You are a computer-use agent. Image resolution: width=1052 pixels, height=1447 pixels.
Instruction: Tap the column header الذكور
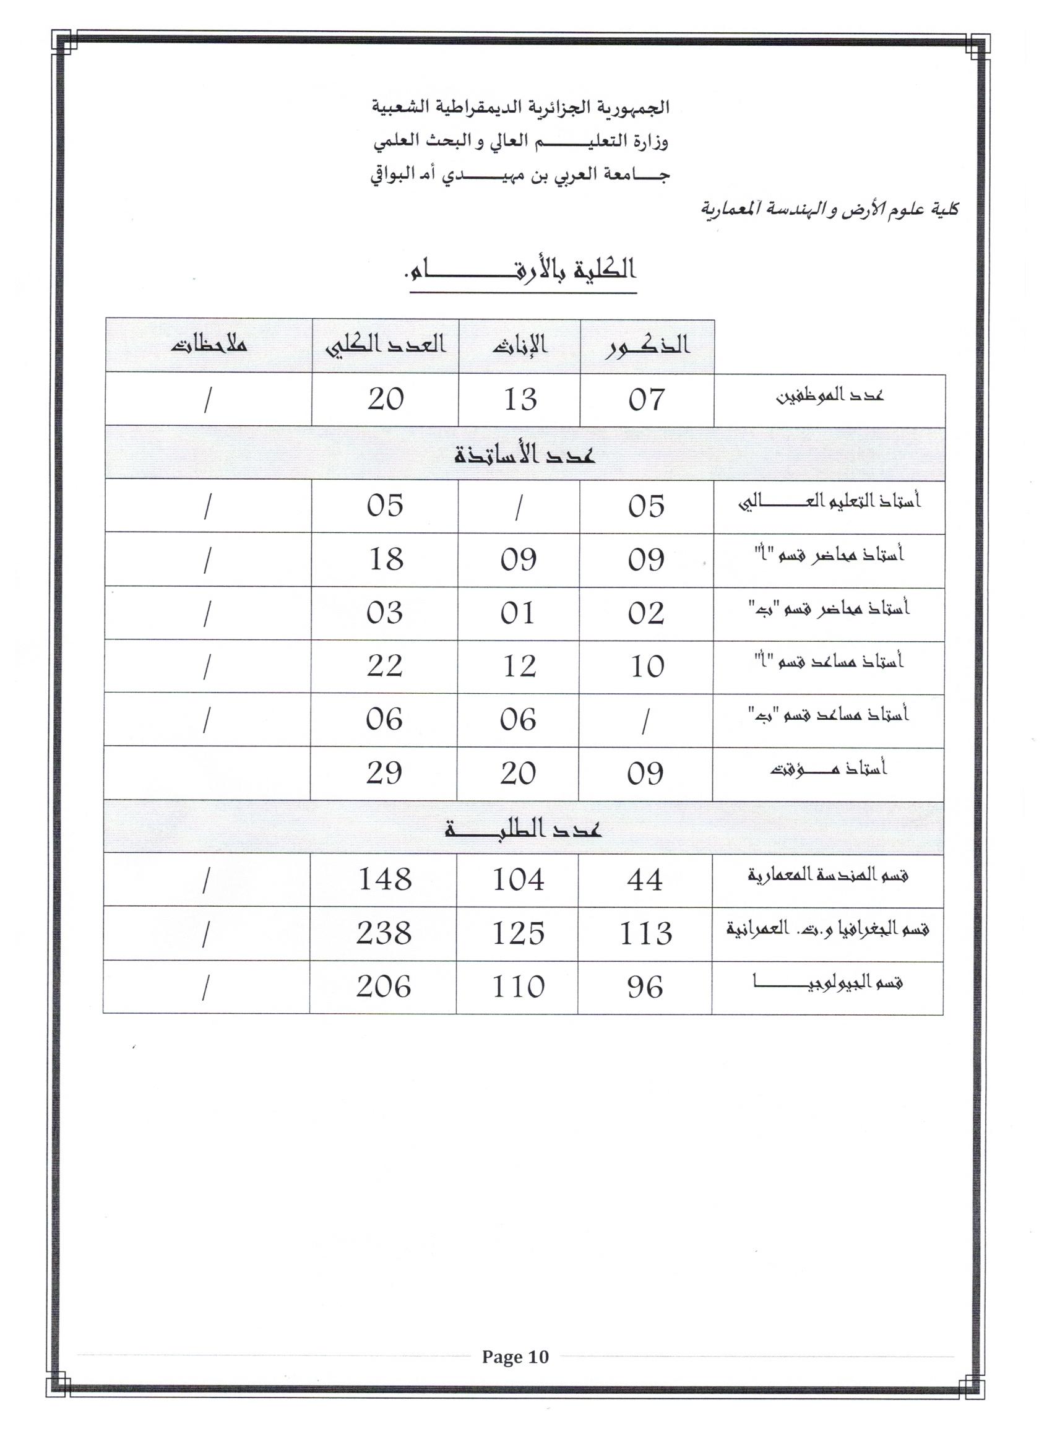647,345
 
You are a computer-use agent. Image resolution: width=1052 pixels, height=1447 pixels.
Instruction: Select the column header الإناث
519,345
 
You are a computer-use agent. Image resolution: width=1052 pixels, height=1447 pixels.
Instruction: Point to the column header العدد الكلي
386,345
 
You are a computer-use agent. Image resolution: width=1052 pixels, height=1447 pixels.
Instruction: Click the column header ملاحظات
209,345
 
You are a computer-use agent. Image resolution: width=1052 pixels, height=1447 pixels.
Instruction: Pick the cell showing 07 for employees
646,400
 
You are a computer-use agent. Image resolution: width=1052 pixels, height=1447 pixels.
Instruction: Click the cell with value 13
519,400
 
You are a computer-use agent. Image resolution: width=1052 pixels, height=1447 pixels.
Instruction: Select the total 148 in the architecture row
385,880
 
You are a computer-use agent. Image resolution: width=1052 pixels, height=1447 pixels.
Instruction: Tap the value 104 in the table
518,880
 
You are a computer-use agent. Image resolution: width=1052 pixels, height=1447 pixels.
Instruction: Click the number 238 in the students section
384,933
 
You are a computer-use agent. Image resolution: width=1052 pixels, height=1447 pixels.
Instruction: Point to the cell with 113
645,933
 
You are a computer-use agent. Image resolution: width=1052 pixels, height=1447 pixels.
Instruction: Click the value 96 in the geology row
645,987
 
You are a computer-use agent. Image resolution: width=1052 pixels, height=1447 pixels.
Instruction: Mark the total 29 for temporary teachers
384,773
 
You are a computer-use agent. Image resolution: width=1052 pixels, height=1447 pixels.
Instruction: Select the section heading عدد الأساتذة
524,455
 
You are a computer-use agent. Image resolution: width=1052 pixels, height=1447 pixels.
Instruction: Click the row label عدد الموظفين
829,396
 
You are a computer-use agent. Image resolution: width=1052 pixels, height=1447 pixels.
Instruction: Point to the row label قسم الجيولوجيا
827,983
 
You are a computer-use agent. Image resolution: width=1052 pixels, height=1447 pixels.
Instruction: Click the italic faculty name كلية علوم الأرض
829,209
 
